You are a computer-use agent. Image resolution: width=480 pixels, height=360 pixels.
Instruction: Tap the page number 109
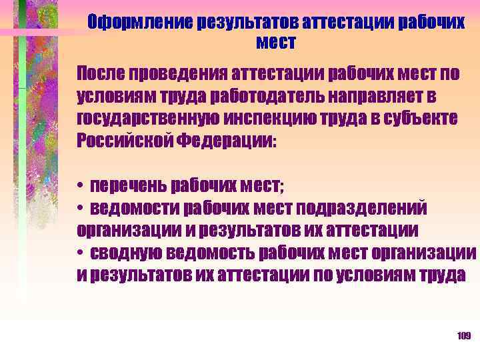click(x=464, y=336)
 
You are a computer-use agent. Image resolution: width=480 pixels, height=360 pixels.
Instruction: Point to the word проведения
click(x=176, y=72)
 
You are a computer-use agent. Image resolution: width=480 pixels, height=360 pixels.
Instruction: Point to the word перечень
click(x=128, y=185)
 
